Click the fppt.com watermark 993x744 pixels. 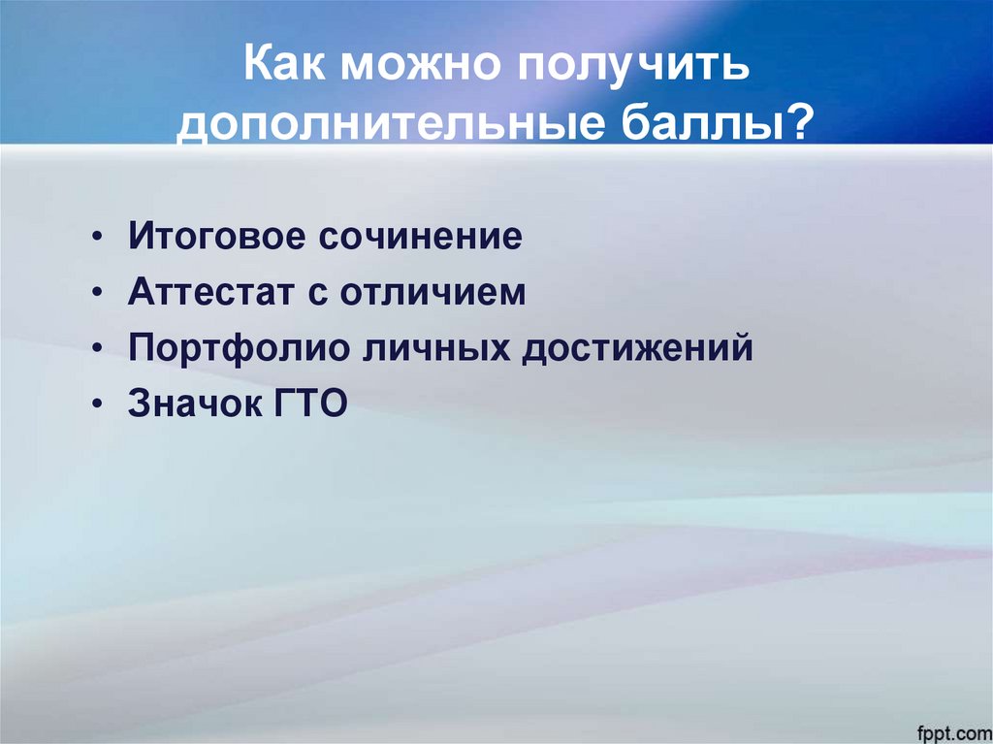[x=948, y=728]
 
